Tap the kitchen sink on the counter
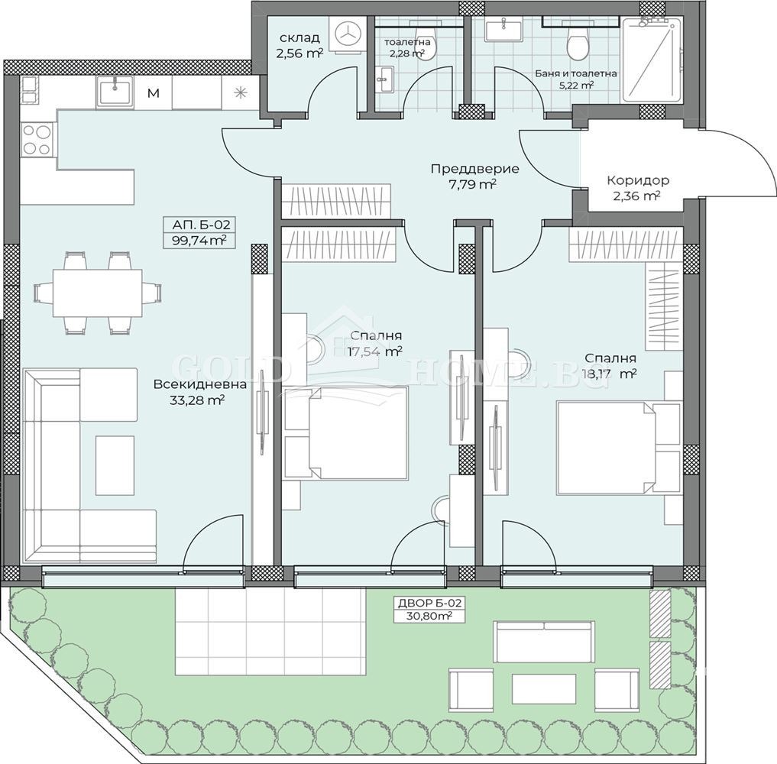tap(115, 92)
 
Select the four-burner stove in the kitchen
tap(37, 140)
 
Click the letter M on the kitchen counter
tap(154, 92)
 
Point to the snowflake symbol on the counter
tap(241, 92)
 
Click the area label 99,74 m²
tap(199, 241)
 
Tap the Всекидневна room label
tap(199, 384)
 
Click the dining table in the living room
tap(98, 293)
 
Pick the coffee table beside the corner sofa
tap(115, 465)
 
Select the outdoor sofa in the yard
tap(544, 642)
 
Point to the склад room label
tap(299, 37)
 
